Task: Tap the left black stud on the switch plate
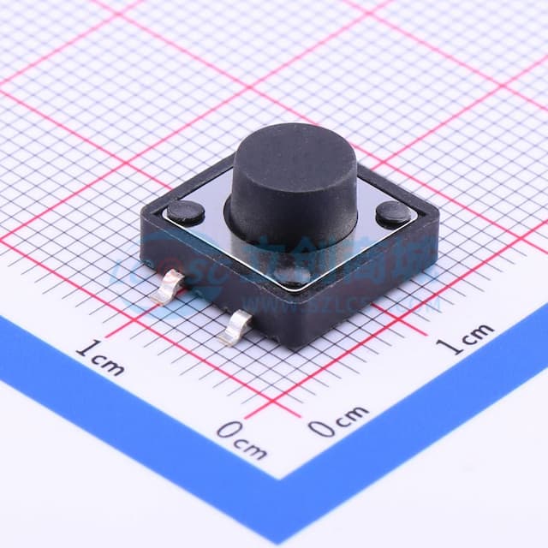pyautogui.click(x=185, y=211)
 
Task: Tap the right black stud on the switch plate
pyautogui.click(x=393, y=213)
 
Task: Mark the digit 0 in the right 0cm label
pyautogui.click(x=322, y=426)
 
